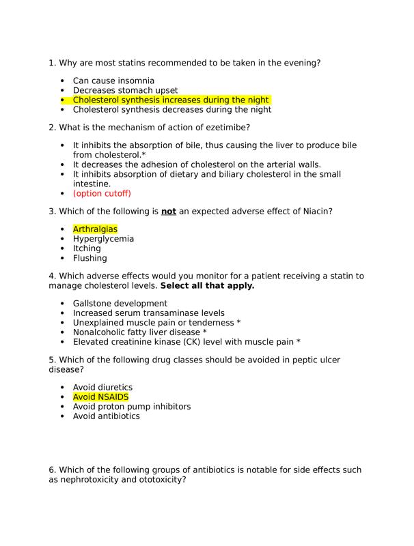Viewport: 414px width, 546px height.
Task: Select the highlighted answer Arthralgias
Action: pyautogui.click(x=95, y=229)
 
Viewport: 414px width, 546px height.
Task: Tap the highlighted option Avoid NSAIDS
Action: pyautogui.click(x=100, y=397)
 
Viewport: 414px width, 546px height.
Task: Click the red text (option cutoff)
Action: pyautogui.click(x=102, y=193)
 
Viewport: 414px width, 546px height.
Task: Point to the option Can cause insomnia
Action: pyautogui.click(x=113, y=81)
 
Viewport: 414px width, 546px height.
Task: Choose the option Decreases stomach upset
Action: pyautogui.click(x=125, y=90)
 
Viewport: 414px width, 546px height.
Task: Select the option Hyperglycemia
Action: pyautogui.click(x=103, y=239)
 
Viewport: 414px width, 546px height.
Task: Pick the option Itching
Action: pyautogui.click(x=87, y=248)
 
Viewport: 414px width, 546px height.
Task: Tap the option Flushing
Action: pyautogui.click(x=89, y=258)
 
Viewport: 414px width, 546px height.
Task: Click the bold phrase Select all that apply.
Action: pyautogui.click(x=206, y=285)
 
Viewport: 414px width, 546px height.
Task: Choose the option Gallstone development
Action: pyautogui.click(x=120, y=303)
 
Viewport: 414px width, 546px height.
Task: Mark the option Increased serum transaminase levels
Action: pyautogui.click(x=148, y=313)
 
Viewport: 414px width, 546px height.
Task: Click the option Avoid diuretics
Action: pyautogui.click(x=102, y=387)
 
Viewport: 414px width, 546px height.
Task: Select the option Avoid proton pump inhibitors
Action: pyautogui.click(x=132, y=406)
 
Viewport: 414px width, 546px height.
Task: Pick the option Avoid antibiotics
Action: pyautogui.click(x=106, y=416)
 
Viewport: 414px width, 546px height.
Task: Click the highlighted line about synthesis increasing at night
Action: pyautogui.click(x=171, y=100)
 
